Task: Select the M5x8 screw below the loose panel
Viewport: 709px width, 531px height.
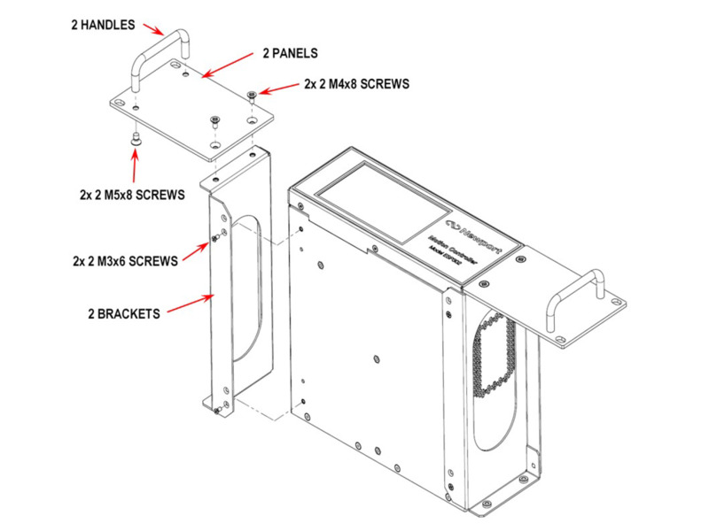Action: tap(135, 138)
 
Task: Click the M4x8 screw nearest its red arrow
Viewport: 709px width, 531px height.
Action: tap(254, 94)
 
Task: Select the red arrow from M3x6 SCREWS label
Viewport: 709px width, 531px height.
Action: tap(199, 249)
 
